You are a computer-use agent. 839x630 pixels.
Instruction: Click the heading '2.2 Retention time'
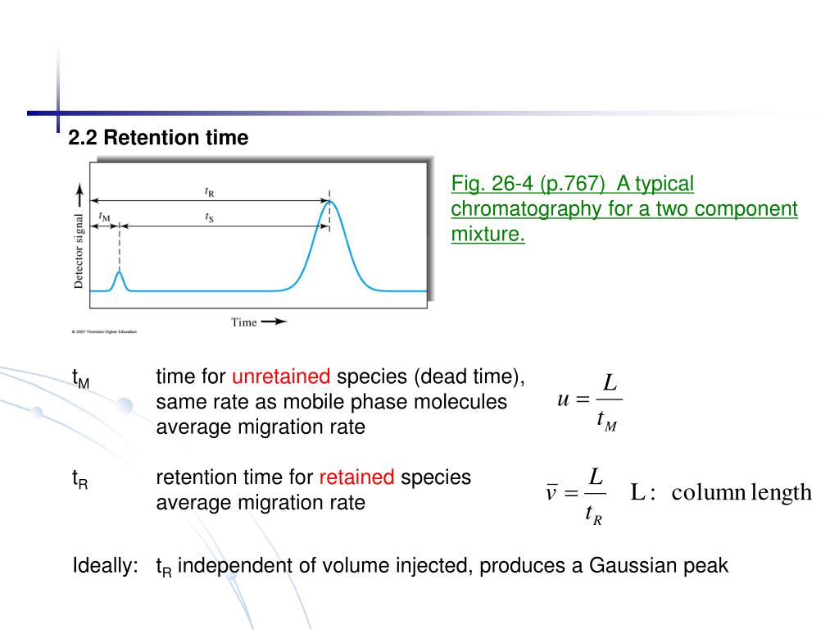click(158, 138)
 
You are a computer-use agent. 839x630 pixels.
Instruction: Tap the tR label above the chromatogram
click(210, 192)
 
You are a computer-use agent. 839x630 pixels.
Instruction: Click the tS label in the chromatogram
click(210, 217)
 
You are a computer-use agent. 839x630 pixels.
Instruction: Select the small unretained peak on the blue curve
click(119, 276)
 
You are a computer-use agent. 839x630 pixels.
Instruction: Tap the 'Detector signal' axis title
click(79, 251)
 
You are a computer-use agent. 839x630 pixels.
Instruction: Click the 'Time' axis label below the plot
click(244, 322)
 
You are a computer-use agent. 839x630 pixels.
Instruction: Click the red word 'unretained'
click(281, 377)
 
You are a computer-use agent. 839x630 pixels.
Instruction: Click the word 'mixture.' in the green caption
click(488, 235)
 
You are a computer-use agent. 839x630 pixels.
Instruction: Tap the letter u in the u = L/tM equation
click(562, 399)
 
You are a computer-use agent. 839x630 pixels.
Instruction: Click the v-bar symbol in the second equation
click(551, 493)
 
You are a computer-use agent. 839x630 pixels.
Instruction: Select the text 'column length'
click(741, 493)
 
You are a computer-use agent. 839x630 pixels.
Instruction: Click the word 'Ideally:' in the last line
click(106, 566)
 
